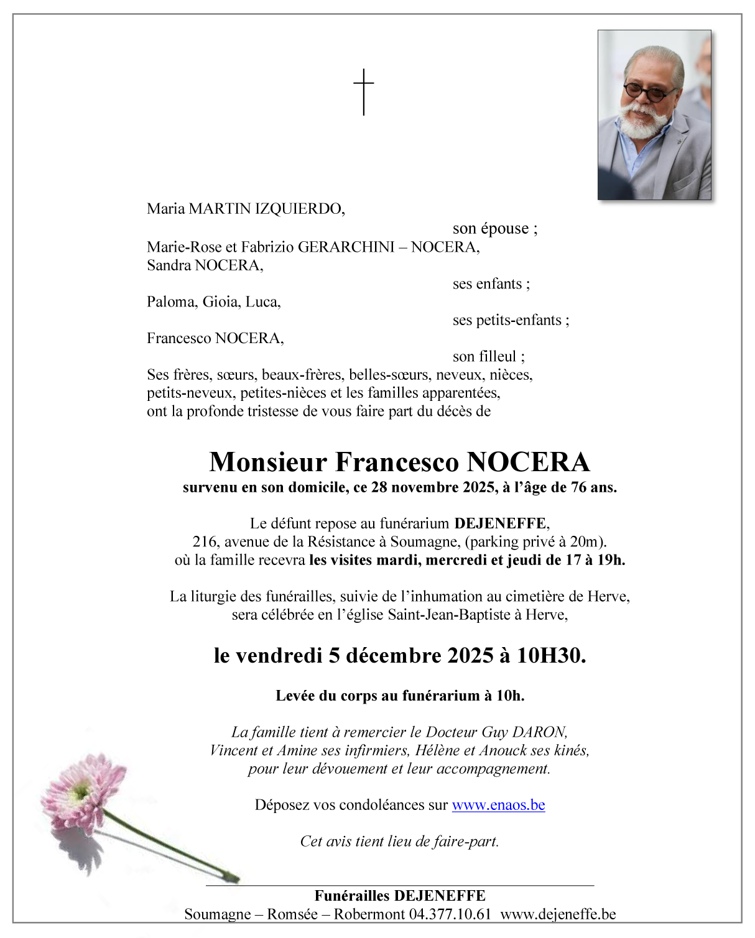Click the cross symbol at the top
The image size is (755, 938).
[364, 91]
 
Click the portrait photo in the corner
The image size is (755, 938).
[654, 115]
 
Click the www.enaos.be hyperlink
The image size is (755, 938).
[498, 805]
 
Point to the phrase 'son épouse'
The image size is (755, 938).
[491, 229]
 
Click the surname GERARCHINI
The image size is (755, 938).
[346, 247]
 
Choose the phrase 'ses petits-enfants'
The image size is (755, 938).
[507, 320]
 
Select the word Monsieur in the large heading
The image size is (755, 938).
[268, 462]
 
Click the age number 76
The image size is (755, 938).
[578, 487]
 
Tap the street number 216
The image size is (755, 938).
[205, 542]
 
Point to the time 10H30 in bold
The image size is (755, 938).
[550, 656]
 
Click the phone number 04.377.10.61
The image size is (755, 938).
[450, 914]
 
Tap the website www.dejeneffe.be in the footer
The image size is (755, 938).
[558, 914]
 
